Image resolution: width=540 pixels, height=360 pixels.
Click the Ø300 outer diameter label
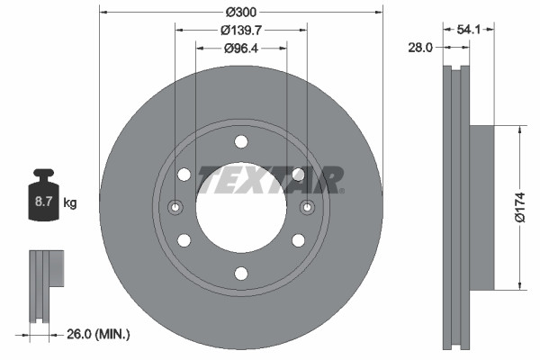(240, 12)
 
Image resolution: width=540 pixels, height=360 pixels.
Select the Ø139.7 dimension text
(240, 30)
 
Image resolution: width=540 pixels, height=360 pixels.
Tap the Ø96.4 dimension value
(241, 48)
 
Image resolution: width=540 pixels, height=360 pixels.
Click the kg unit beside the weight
(70, 203)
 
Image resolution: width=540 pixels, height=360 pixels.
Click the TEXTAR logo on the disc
(270, 179)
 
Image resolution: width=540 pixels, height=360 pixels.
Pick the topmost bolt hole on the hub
(240, 141)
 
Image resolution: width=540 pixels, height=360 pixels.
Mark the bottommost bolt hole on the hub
(240, 274)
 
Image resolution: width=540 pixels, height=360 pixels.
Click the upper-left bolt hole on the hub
(184, 175)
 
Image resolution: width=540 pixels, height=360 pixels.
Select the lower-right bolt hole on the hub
(298, 240)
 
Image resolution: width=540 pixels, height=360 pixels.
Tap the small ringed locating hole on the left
(175, 208)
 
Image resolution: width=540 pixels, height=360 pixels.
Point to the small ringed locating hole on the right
(307, 208)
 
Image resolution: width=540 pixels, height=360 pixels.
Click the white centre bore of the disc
(240, 216)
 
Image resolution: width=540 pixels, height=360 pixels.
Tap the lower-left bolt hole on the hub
(184, 240)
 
